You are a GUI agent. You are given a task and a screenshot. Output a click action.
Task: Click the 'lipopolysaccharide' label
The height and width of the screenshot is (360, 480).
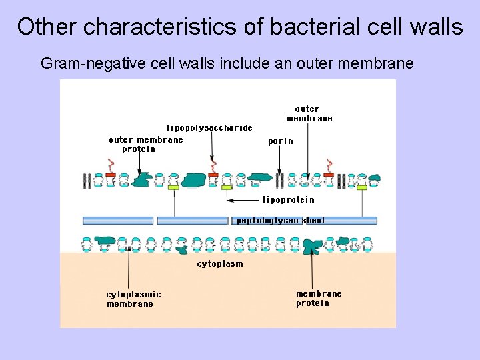[209, 127]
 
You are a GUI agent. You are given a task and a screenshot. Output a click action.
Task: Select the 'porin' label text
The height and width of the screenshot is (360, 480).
[280, 141]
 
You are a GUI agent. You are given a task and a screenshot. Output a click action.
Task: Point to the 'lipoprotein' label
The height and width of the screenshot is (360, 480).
[288, 199]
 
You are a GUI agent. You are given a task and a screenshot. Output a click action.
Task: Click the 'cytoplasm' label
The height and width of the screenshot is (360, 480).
[220, 263]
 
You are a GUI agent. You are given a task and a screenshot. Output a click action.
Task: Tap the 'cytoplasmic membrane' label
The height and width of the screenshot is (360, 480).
[133, 299]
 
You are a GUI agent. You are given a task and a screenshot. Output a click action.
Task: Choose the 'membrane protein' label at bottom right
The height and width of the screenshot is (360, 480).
[319, 298]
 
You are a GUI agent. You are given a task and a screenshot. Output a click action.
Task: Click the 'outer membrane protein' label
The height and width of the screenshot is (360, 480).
[145, 144]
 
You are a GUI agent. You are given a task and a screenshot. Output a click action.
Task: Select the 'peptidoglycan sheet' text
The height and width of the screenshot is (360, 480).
[281, 221]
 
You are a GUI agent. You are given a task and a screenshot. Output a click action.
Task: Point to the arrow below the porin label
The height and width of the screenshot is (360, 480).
[279, 160]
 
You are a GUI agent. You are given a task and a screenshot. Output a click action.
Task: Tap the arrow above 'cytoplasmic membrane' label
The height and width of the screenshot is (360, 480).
[128, 267]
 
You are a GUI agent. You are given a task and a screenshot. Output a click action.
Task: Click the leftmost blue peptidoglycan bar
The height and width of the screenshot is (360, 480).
[117, 221]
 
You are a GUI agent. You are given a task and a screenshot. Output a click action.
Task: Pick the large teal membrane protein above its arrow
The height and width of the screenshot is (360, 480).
[311, 245]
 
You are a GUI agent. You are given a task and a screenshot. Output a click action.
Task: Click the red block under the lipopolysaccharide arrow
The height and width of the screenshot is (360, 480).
[213, 175]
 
